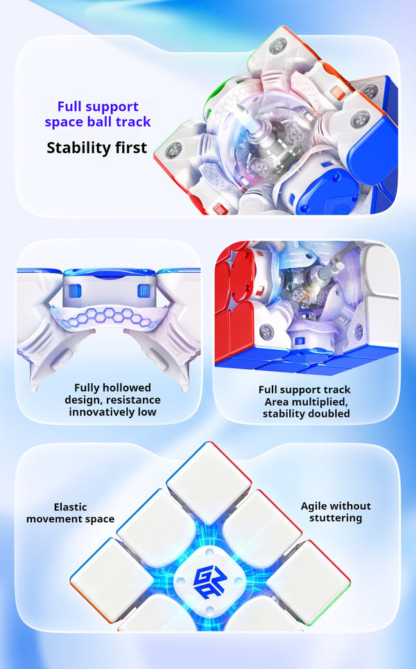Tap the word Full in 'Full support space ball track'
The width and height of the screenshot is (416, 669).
69,107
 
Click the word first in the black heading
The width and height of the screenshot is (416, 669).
129,148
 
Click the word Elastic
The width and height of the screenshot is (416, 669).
71,507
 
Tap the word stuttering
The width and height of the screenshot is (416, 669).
336,518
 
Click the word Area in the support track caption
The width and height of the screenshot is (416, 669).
276,402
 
